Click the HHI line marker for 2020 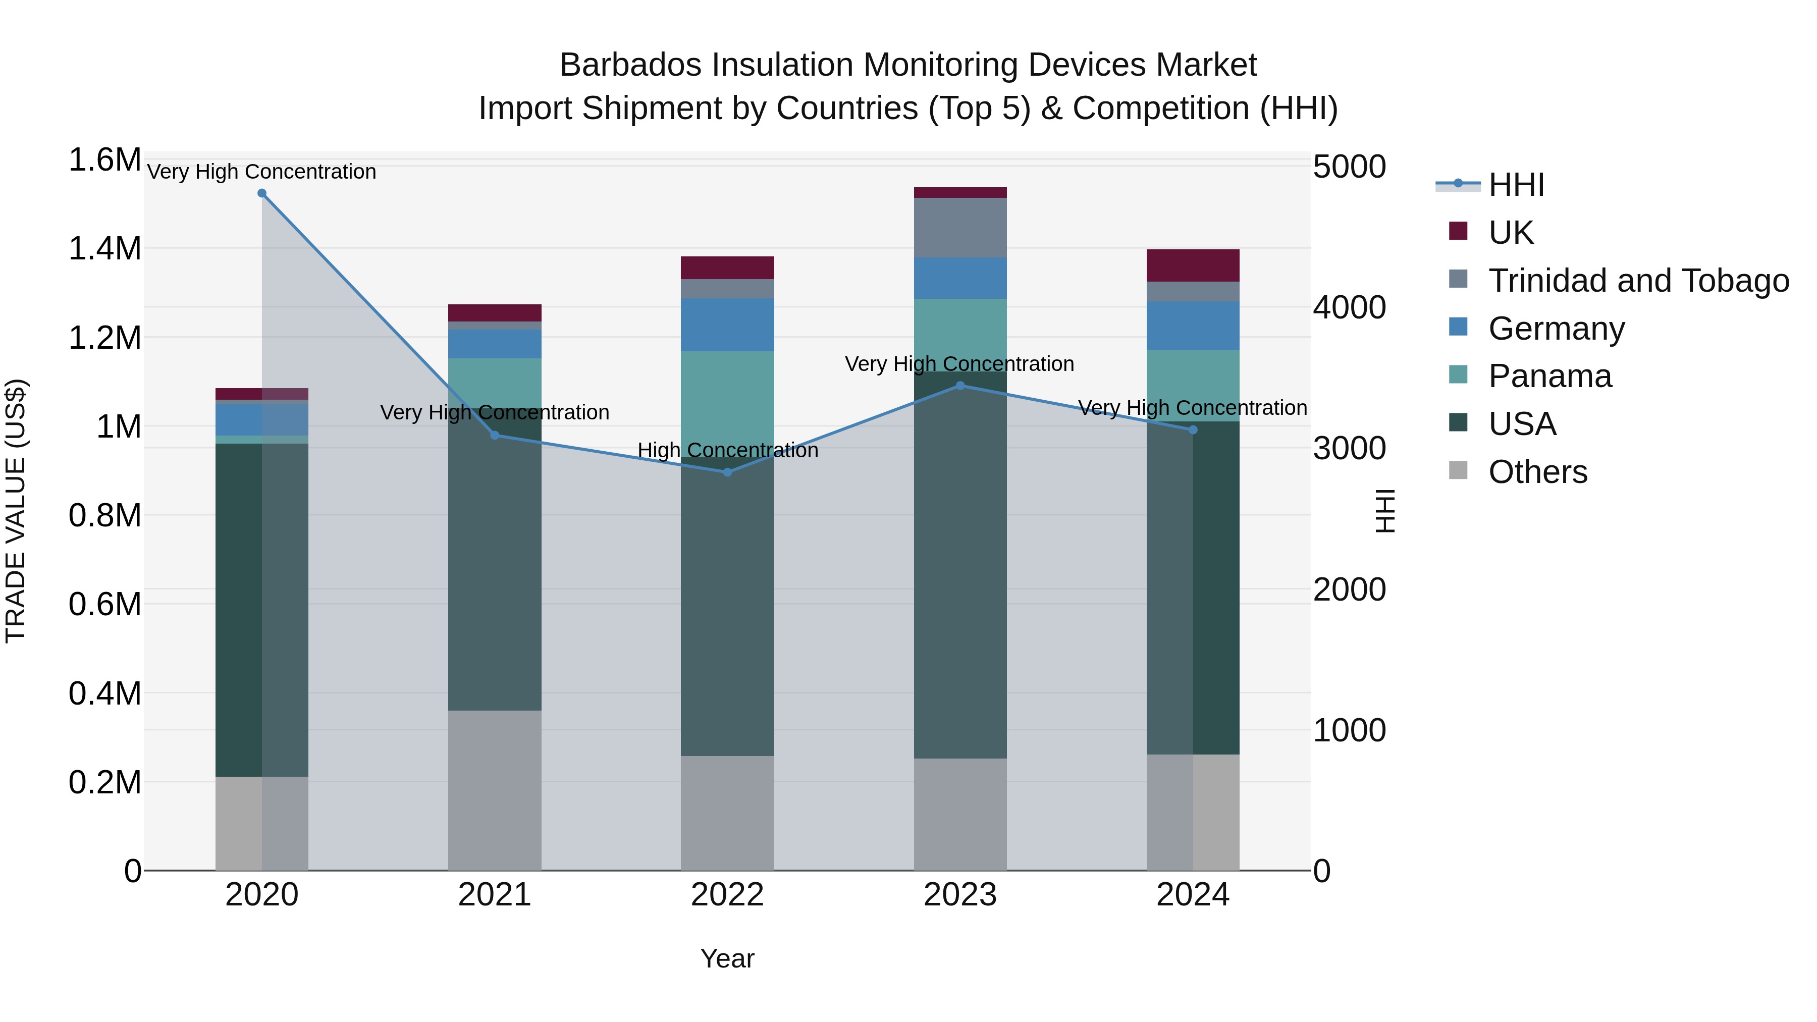261,193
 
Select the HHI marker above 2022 727,472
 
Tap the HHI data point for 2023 960,386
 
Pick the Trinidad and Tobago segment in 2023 960,228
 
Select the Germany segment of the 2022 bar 727,325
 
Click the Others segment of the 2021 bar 495,790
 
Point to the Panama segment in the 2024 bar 1193,386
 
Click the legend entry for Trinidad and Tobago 1638,281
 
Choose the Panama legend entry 1549,376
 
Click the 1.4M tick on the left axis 104,249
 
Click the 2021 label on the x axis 495,895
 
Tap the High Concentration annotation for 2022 727,450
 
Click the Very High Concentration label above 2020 261,172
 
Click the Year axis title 727,958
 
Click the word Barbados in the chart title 629,65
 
